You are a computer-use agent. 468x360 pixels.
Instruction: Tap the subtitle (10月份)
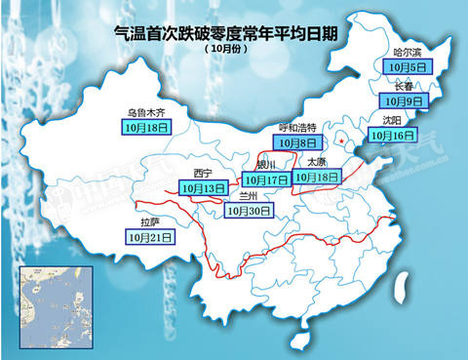pyautogui.click(x=226, y=48)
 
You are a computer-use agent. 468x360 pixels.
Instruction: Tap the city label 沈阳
pyautogui.click(x=393, y=121)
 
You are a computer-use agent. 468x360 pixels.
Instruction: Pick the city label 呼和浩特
pyautogui.click(x=298, y=127)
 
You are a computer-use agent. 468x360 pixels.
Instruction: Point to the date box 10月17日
pyautogui.click(x=266, y=180)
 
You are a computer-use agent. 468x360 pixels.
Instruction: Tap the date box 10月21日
pyautogui.click(x=149, y=236)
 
